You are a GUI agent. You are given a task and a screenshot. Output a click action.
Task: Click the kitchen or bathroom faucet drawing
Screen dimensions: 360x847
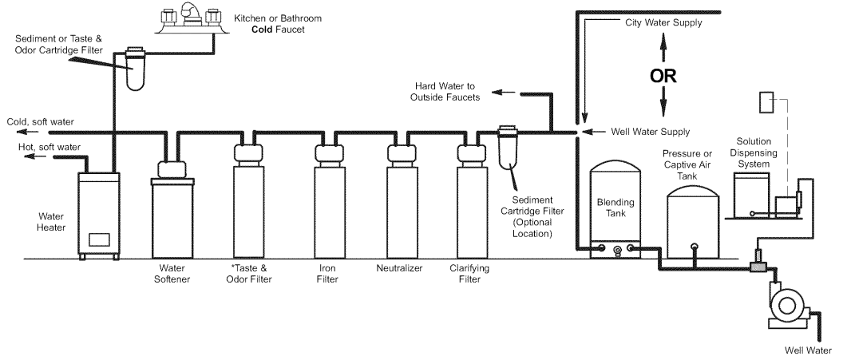tap(192, 18)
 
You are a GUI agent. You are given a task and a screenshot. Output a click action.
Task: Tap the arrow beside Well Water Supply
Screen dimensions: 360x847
tap(592, 132)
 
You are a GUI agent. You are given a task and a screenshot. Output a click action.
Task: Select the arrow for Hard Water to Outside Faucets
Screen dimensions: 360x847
tap(501, 93)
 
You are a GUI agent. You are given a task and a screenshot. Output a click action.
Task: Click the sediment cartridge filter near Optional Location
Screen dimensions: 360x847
tap(507, 148)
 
